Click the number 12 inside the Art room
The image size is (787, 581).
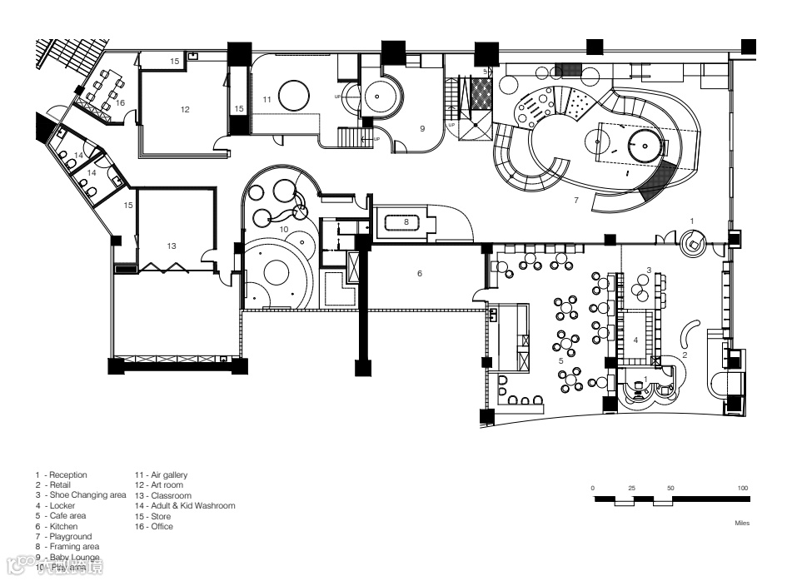point(185,109)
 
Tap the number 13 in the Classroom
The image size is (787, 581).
point(172,246)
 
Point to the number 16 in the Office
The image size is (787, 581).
point(120,102)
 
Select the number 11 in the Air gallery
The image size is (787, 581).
point(266,99)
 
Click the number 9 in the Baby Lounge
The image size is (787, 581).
point(422,129)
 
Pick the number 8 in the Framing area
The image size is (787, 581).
point(407,222)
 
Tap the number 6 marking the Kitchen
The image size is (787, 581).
point(420,273)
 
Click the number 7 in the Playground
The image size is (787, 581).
point(575,201)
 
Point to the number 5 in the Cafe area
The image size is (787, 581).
point(560,361)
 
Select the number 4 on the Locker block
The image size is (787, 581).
point(635,340)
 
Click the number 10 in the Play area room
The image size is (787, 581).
point(283,228)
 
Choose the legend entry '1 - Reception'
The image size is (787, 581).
point(62,474)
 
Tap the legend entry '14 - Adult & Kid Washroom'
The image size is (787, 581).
point(185,505)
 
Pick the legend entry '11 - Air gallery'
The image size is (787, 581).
point(162,474)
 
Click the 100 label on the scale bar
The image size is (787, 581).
point(743,488)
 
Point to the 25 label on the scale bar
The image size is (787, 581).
point(631,488)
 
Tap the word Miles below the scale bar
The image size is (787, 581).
point(743,524)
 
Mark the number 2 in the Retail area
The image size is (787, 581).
point(685,355)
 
